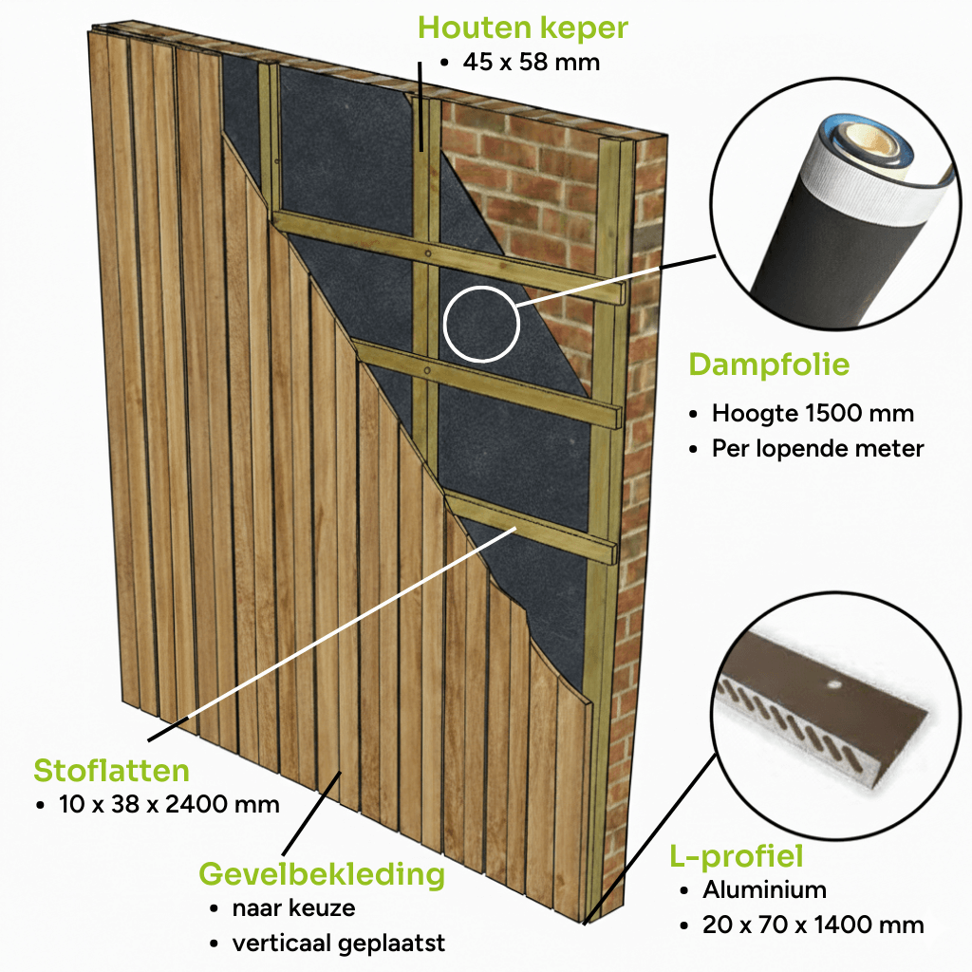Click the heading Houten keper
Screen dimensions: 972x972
click(x=523, y=27)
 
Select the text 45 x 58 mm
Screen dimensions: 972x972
click(x=531, y=63)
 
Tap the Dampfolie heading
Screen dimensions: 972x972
click(x=769, y=364)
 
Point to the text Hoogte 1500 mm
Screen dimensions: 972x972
click(x=813, y=414)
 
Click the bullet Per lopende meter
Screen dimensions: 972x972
click(x=817, y=448)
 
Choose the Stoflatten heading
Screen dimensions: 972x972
click(x=111, y=769)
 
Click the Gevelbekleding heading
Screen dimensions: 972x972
click(x=321, y=873)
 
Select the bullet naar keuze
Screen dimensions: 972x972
click(x=293, y=908)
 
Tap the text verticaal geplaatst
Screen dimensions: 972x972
click(x=338, y=943)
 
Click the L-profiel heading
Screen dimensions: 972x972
click(x=737, y=856)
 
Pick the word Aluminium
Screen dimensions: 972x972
click(x=764, y=890)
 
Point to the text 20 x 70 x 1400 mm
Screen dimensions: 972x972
click(x=813, y=925)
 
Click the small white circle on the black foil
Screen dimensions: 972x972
click(x=482, y=324)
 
